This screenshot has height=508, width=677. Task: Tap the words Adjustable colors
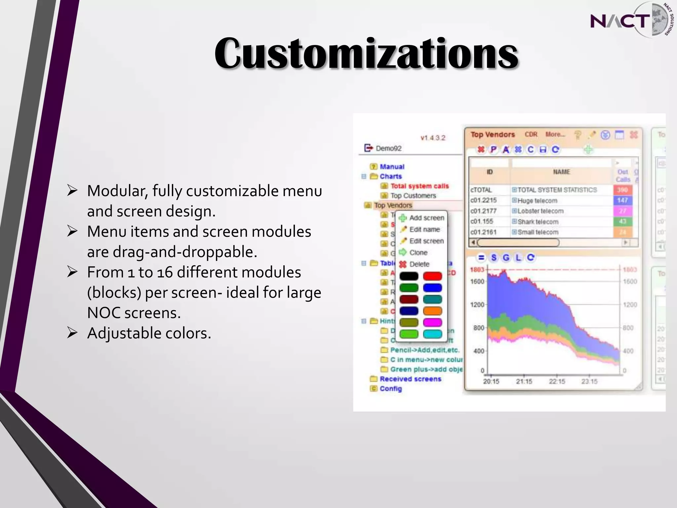149,333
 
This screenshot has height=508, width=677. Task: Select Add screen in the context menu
426,218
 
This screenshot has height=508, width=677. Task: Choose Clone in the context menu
418,253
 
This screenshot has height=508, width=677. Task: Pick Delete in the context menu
419,264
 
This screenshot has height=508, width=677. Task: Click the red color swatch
432,276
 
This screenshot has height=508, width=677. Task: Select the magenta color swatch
432,322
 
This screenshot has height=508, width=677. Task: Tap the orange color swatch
432,311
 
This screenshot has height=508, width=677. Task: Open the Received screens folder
410,379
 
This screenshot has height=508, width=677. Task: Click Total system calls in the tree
419,186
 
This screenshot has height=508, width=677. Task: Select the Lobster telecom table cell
540,211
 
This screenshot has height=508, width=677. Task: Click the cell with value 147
622,200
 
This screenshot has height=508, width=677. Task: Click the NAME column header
561,172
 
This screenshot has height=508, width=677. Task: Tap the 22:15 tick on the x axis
557,381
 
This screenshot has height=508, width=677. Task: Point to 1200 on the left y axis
477,305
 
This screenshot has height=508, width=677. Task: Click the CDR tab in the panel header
531,135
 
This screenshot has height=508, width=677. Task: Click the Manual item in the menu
392,167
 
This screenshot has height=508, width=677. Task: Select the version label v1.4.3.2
433,138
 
